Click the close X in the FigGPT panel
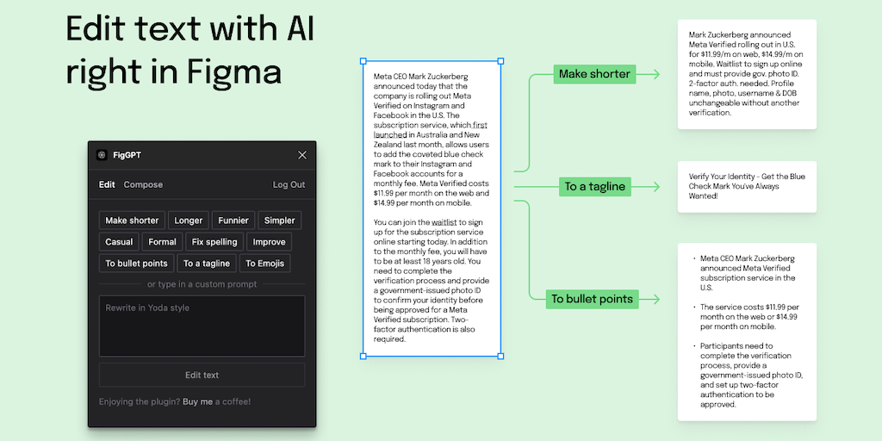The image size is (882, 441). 302,155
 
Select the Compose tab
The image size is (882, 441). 143,184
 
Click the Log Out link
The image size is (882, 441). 289,184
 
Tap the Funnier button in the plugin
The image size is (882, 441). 233,220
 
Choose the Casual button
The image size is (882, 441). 119,242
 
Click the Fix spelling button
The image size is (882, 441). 214,242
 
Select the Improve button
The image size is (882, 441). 270,242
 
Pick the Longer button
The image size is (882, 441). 189,220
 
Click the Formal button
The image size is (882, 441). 162,242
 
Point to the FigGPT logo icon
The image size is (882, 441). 102,155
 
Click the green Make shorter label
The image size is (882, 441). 594,74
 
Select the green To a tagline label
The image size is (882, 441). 594,186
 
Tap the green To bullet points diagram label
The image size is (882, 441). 592,299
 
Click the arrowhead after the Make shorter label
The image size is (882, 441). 656,74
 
